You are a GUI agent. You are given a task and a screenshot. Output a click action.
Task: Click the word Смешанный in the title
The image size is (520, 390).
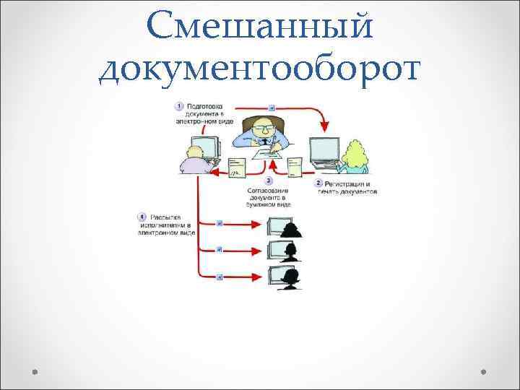[x=259, y=27]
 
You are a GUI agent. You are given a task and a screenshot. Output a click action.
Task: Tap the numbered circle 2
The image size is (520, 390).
[x=318, y=183]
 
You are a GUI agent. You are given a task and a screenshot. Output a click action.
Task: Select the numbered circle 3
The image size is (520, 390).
[x=269, y=180]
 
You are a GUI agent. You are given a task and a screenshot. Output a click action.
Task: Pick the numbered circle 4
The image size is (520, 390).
[x=142, y=217]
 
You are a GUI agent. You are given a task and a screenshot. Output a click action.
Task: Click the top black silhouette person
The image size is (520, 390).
[x=292, y=228]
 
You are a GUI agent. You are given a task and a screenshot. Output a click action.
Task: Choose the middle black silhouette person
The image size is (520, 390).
[x=291, y=252]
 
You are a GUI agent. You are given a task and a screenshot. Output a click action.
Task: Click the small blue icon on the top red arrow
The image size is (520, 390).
[x=271, y=108]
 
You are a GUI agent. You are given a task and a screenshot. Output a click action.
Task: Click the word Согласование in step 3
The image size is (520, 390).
[x=269, y=190]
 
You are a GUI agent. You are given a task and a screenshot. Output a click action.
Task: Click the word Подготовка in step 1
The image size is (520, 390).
[x=205, y=106]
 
